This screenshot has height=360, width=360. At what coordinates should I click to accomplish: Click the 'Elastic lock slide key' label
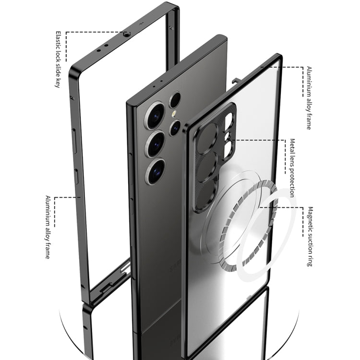click(58, 60)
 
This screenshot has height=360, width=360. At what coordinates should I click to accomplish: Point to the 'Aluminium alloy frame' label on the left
click(48, 228)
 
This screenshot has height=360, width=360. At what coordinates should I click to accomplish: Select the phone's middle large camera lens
click(156, 144)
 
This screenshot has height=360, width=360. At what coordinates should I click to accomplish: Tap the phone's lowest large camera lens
click(156, 171)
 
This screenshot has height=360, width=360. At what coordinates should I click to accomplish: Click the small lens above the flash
click(175, 100)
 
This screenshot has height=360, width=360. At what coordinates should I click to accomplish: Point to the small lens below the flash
click(175, 127)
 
